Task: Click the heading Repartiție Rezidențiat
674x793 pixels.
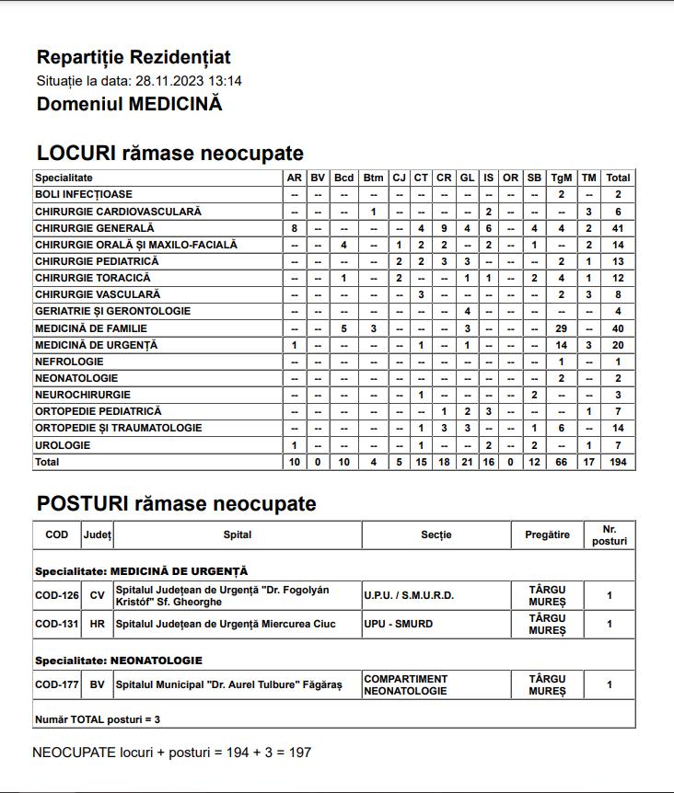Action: point(134,58)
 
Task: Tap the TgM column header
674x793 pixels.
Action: point(561,178)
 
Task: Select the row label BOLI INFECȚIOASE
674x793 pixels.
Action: point(84,194)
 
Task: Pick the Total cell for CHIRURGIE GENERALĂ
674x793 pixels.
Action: point(618,228)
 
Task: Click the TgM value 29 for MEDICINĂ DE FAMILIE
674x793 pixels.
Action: point(561,328)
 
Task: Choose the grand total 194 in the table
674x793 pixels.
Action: point(618,462)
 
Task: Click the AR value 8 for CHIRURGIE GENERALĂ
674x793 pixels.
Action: point(294,228)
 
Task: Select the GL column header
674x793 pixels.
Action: point(467,178)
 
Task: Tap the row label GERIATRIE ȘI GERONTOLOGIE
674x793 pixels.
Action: point(113,311)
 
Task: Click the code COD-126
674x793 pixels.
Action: point(57,595)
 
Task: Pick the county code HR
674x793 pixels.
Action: point(97,624)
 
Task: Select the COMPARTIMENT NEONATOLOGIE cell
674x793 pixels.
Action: point(406,684)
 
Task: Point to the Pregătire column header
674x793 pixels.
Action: point(547,534)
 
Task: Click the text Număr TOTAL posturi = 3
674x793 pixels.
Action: point(97,718)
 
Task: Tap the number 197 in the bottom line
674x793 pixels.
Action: point(300,753)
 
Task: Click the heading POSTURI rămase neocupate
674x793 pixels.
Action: point(176,504)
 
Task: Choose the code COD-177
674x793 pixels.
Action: point(57,684)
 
